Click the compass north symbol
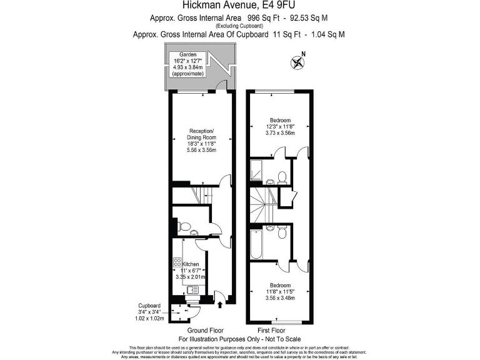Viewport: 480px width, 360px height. click(x=297, y=62)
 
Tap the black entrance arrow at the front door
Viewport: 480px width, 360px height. click(x=220, y=305)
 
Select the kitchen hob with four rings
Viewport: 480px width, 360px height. click(x=177, y=263)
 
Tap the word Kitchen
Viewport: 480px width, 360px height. click(x=191, y=264)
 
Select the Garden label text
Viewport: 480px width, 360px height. click(x=188, y=55)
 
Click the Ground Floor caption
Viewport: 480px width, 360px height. click(x=205, y=330)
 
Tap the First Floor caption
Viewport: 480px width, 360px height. click(x=271, y=330)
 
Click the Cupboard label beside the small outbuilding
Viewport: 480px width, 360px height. click(x=149, y=306)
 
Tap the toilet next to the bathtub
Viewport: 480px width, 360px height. click(x=283, y=232)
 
